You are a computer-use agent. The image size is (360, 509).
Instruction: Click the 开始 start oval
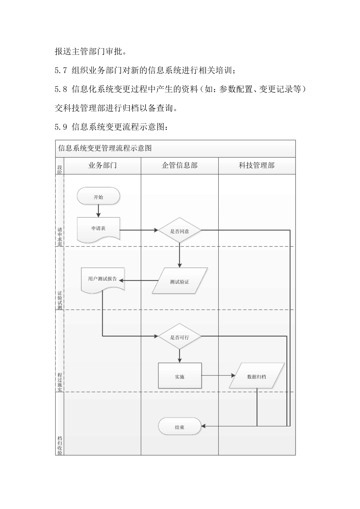[98, 197]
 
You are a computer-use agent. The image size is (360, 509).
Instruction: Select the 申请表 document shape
[99, 229]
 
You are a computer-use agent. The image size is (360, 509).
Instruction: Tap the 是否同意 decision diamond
[180, 231]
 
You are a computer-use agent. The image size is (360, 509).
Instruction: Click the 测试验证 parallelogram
[180, 281]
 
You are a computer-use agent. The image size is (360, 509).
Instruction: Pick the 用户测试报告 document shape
[103, 279]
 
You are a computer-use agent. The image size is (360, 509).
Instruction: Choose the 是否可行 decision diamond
[180, 337]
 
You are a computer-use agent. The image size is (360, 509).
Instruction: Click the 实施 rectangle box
[180, 376]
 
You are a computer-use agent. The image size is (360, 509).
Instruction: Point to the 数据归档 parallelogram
[257, 376]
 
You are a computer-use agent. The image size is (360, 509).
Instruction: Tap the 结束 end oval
[180, 427]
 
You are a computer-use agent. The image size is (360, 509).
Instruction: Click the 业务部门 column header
[102, 166]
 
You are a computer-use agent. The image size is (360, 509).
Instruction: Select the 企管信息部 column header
[180, 166]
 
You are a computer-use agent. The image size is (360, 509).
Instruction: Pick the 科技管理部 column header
[257, 166]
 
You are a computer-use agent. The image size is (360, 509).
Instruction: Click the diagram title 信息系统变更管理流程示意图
[105, 148]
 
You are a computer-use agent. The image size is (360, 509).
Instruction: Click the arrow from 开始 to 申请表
[98, 211]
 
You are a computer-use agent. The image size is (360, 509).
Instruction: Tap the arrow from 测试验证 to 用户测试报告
[138, 281]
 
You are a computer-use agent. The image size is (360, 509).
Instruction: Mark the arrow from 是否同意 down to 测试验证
[180, 256]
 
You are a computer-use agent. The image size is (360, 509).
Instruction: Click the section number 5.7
[61, 70]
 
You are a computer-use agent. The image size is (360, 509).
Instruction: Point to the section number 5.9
[61, 127]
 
